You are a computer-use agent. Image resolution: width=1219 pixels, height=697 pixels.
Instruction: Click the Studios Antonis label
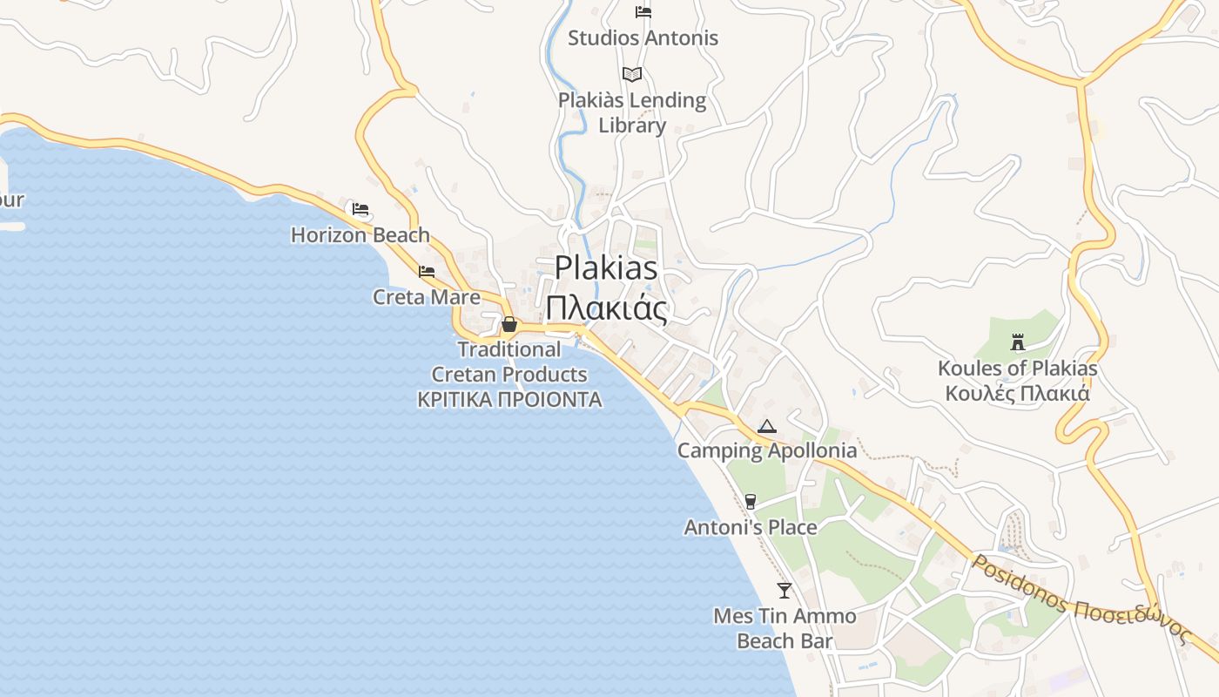coord(643,38)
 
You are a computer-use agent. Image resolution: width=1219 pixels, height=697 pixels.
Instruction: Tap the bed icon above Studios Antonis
coord(643,12)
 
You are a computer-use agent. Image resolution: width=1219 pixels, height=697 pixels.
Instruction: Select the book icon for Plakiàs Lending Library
coord(632,75)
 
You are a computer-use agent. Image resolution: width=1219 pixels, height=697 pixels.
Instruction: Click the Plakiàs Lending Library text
coord(632,112)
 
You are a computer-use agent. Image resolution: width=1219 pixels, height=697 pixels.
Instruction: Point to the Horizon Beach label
coord(360,235)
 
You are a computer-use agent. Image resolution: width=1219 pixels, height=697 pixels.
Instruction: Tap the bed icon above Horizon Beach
coord(360,209)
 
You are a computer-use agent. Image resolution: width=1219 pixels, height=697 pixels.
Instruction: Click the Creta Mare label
coord(426,297)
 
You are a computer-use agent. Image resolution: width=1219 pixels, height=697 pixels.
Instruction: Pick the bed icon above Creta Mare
coord(427,272)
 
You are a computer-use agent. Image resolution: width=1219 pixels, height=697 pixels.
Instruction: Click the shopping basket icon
coord(509,325)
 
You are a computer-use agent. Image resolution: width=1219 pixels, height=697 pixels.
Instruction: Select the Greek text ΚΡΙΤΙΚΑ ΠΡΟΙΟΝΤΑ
coord(509,400)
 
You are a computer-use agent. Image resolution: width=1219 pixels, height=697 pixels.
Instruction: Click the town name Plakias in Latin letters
coord(606,267)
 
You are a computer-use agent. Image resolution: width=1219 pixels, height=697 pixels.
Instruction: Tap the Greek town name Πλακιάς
coord(606,308)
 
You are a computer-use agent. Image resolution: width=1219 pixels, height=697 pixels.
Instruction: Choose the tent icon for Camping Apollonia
coord(766,426)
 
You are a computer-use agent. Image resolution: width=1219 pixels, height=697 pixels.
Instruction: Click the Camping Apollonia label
coord(767,450)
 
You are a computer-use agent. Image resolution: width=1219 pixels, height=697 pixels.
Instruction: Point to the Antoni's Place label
coord(751,527)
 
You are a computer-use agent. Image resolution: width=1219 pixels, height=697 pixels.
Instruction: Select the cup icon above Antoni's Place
coord(751,502)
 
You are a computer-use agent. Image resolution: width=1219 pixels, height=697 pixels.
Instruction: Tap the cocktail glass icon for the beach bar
coord(785,591)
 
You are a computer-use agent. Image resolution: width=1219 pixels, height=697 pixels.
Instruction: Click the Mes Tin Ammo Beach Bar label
coord(785,628)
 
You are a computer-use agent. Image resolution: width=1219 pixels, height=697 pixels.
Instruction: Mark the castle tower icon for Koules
coord(1017,342)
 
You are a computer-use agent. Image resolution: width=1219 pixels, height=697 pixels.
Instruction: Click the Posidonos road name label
coord(1081,600)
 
